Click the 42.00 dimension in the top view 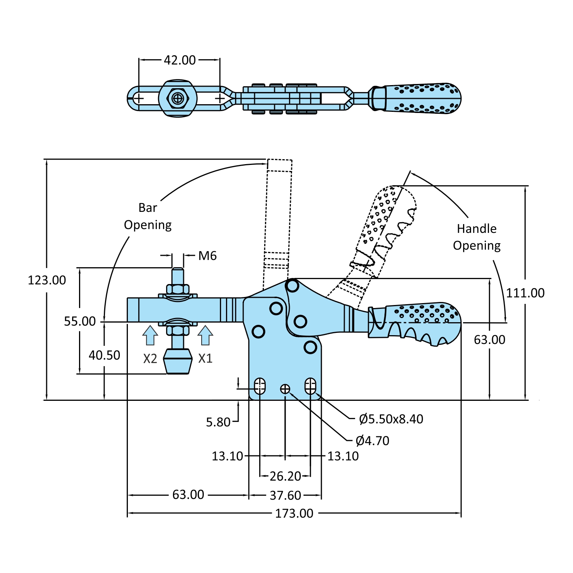coord(179,60)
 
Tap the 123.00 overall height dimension coord(47,280)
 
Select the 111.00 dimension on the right coord(525,293)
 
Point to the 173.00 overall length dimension coord(294,513)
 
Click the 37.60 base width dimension coord(285,496)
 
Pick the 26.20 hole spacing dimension coord(285,476)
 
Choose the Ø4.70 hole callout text coord(372,441)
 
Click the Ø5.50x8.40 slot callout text coord(391,419)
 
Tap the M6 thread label coord(207,256)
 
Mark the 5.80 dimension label coord(218,422)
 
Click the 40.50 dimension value coord(104,355)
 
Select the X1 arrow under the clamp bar coord(205,335)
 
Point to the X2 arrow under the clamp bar coord(150,335)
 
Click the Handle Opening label coord(477,237)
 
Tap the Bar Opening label coord(148,216)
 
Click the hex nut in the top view coord(178,98)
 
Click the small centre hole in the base coord(285,389)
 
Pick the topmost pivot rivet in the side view coord(292,285)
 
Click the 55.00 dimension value coord(80,321)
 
